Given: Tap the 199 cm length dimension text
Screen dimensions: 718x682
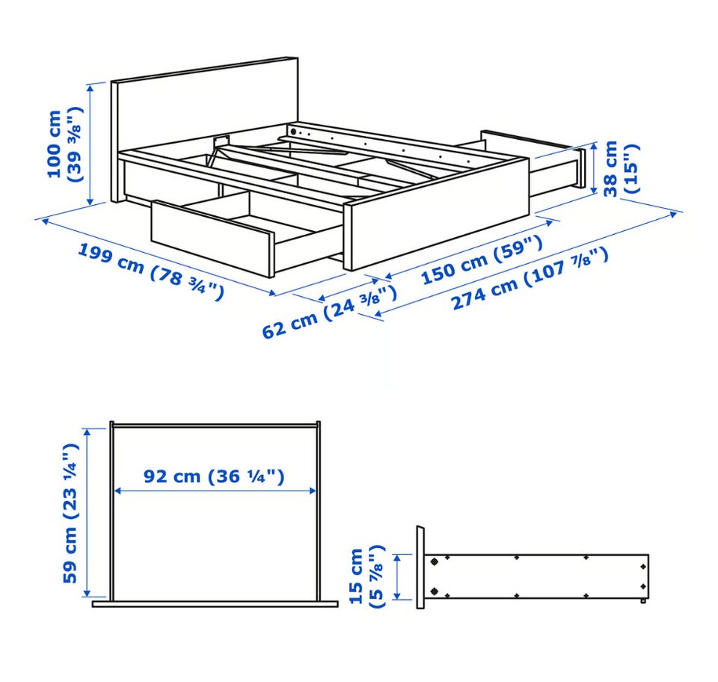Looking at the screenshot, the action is click(x=150, y=272).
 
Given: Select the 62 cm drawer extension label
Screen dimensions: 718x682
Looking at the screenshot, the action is click(x=329, y=311).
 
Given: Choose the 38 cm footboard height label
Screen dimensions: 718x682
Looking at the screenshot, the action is click(x=620, y=168).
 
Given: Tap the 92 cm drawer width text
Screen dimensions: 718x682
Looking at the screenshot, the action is click(x=214, y=476).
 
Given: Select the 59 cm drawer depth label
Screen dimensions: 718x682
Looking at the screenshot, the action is click(x=70, y=513).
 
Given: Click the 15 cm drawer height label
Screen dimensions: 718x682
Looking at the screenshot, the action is click(x=366, y=576).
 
